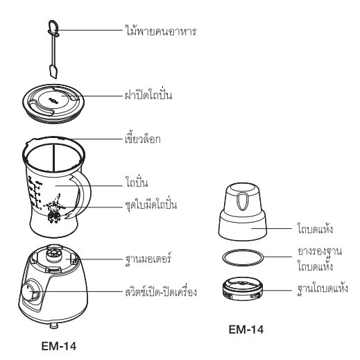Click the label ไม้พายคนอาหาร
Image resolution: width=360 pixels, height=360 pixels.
click(161, 31)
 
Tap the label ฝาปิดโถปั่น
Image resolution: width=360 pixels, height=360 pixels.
click(148, 94)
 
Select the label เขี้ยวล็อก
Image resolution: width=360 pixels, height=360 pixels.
click(142, 138)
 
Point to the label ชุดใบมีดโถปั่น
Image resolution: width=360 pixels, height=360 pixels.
click(151, 205)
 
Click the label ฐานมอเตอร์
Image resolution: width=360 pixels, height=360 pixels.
click(148, 259)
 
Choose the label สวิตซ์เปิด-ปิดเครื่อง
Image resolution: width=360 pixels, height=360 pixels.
click(161, 292)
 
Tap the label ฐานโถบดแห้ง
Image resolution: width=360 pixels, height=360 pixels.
click(323, 289)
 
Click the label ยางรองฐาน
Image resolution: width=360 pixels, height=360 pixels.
click(320, 252)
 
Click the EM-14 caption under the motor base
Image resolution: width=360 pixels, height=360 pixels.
click(59, 346)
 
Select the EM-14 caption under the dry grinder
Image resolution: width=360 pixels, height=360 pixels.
click(246, 329)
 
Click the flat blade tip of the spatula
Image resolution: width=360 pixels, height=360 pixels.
click(53, 71)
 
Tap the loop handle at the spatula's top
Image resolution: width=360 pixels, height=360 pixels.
click(53, 26)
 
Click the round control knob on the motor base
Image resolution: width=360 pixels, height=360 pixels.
click(31, 291)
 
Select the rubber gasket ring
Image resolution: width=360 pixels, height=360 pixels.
click(243, 257)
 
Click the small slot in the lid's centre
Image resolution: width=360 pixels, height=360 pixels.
click(53, 101)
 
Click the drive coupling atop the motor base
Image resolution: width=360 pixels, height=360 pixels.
click(54, 253)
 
